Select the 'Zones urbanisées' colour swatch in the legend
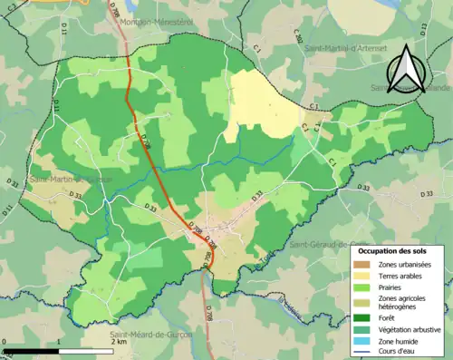point(367,264)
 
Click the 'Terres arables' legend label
point(403,276)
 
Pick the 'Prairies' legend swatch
point(367,287)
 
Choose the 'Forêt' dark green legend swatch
point(367,317)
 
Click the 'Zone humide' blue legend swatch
point(367,341)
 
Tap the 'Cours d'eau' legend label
point(400,352)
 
